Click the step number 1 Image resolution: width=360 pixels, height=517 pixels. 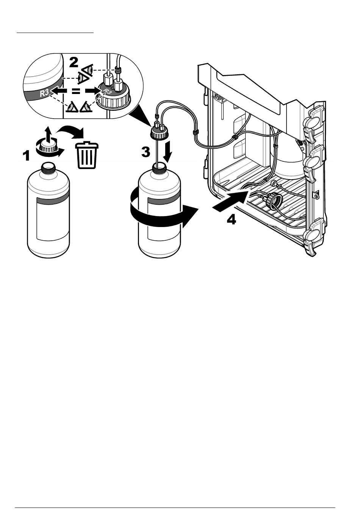(26, 155)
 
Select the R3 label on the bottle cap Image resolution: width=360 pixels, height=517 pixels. (107, 91)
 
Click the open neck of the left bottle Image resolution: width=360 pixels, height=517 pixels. (48, 166)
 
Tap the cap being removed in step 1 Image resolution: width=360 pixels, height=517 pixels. (47, 146)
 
